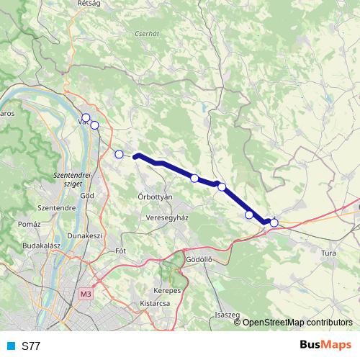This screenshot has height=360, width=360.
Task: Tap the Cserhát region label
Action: (147, 33)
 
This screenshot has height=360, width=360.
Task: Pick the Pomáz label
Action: (30, 225)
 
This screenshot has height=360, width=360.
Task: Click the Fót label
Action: (120, 251)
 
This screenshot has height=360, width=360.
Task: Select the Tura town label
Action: (329, 253)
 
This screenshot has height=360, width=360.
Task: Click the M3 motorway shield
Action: (86, 294)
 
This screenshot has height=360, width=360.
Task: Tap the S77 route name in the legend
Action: (31, 346)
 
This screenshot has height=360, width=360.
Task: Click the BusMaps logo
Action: (325, 346)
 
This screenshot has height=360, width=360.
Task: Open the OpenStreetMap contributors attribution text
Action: (297, 323)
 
